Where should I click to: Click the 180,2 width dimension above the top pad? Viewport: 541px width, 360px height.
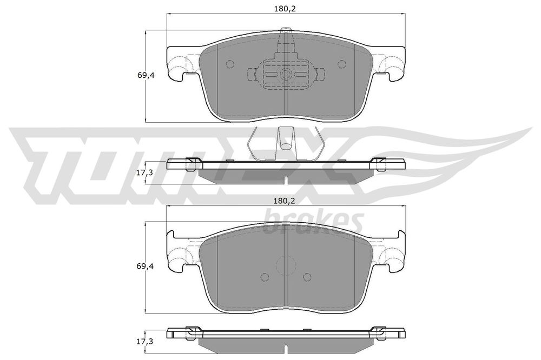coord(285,9)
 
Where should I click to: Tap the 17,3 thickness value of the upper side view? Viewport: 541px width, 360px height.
coord(144,173)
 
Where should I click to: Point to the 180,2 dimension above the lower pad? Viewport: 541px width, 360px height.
coord(285,201)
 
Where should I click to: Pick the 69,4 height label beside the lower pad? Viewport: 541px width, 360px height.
coord(146,266)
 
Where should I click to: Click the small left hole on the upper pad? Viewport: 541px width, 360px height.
coord(230,64)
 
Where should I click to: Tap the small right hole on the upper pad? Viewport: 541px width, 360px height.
coord(341,64)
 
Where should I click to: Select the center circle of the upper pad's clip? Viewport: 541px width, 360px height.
coord(286,74)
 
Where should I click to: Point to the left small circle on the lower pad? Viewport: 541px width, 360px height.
coord(265,277)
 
